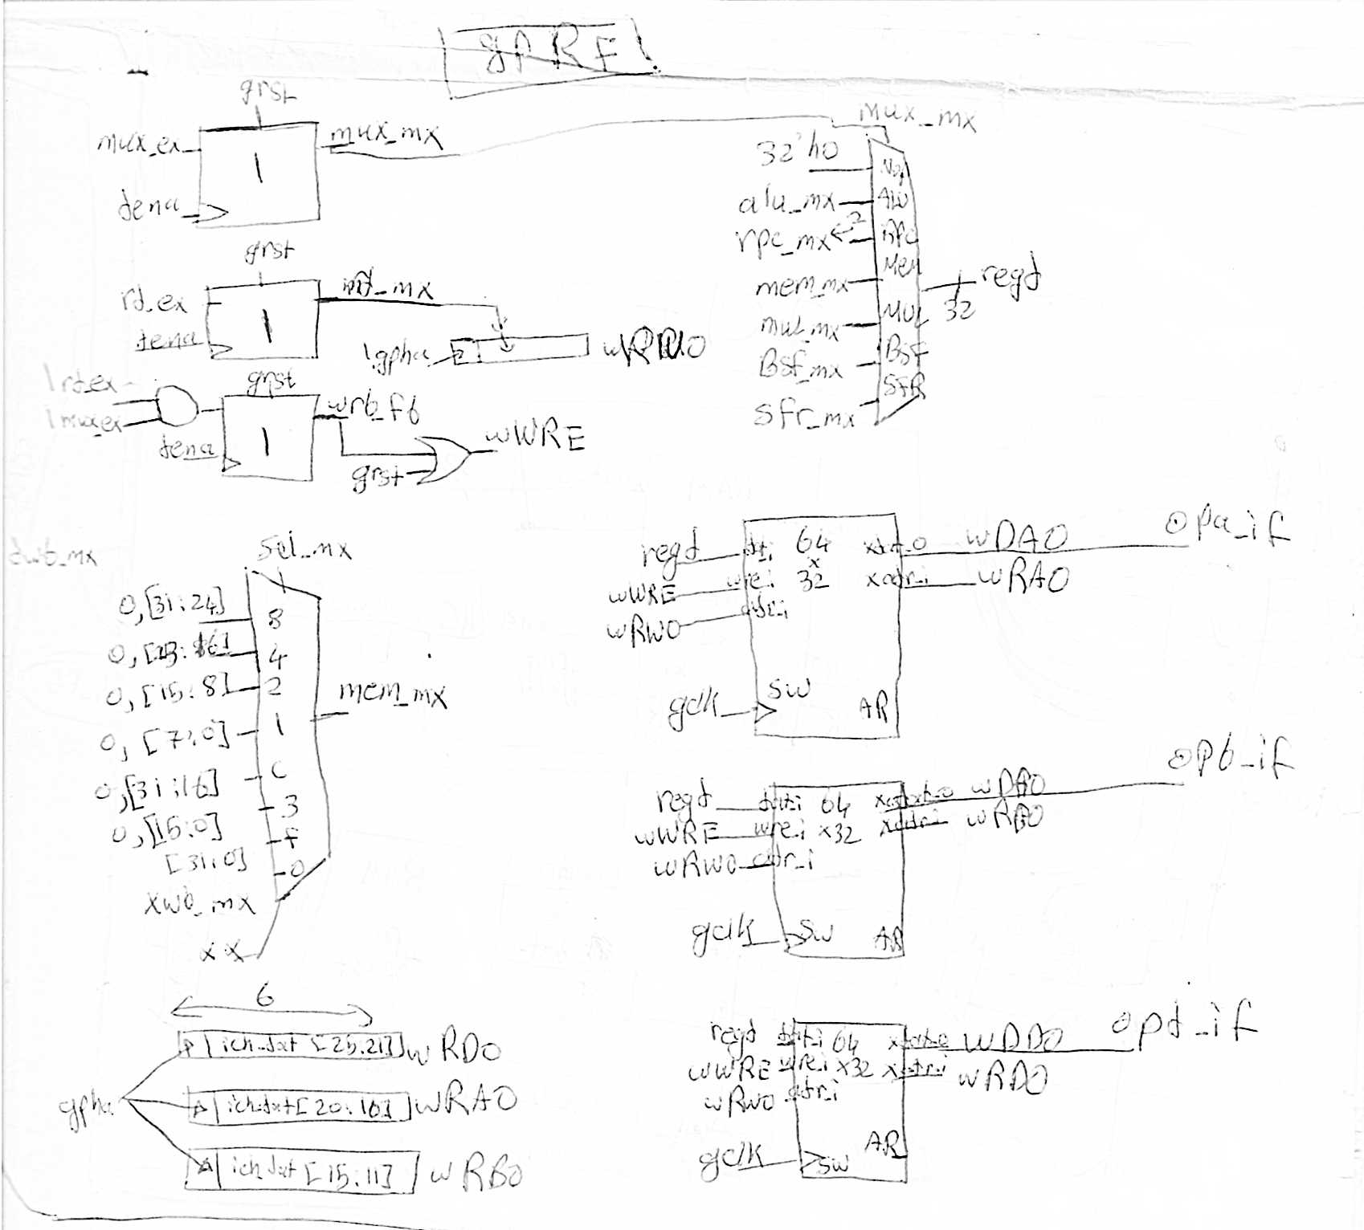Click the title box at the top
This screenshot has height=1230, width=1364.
[550, 61]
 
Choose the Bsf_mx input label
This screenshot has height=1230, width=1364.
[800, 368]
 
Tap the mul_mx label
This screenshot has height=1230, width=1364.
[799, 326]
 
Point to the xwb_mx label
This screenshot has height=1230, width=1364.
[198, 904]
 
